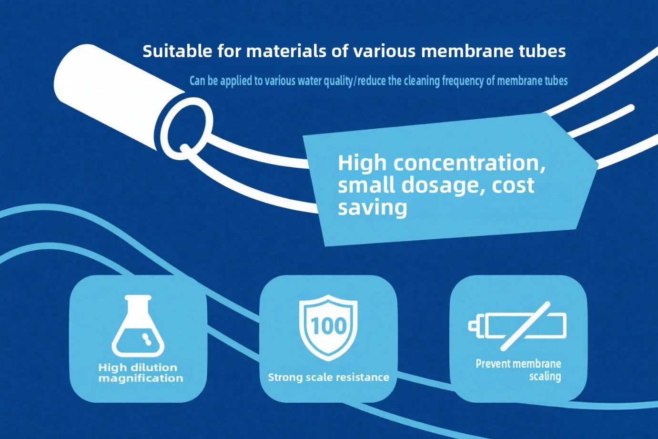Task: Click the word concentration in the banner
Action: pos(469,163)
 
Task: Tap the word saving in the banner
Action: pos(373,208)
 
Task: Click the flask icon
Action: pos(138,326)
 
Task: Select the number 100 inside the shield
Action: pos(328,326)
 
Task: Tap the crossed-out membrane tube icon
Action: pos(517,326)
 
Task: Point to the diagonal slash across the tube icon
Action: pos(525,326)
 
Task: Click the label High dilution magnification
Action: pos(141,373)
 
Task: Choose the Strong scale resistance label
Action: pos(328,377)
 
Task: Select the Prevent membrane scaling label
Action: pos(518,370)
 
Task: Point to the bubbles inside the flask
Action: pos(146,339)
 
